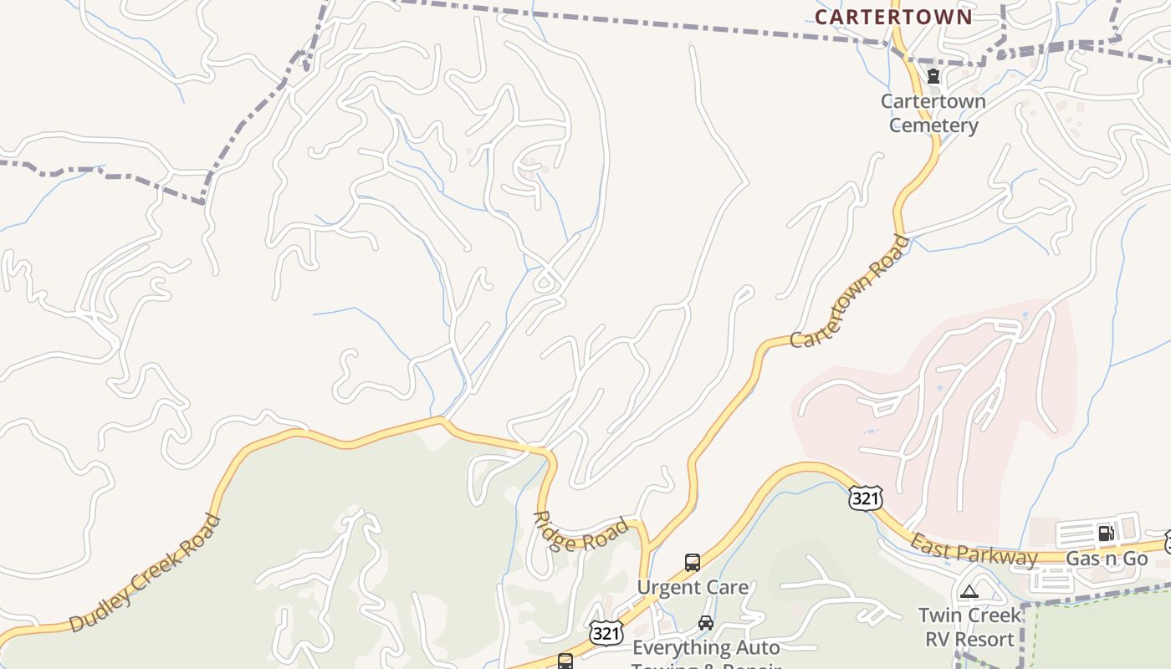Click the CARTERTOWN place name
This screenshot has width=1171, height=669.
(893, 17)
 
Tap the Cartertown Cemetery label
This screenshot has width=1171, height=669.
(933, 113)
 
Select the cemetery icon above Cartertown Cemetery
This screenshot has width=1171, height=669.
(933, 77)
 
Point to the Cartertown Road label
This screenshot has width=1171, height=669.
(850, 292)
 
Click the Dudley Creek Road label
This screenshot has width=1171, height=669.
(146, 573)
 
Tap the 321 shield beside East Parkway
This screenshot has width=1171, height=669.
(865, 498)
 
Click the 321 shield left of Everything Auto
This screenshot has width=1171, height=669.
(605, 633)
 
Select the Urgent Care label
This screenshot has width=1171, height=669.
(693, 587)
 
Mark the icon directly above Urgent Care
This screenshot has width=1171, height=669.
(693, 562)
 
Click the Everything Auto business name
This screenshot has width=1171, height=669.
(706, 647)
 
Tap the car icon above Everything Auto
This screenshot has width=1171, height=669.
(706, 623)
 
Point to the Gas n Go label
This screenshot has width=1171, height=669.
(1107, 558)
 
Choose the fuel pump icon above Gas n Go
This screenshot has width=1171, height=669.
(1106, 534)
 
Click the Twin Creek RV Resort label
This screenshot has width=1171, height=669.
(969, 627)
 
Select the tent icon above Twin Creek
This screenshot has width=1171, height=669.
(969, 592)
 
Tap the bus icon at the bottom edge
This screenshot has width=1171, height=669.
(565, 661)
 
